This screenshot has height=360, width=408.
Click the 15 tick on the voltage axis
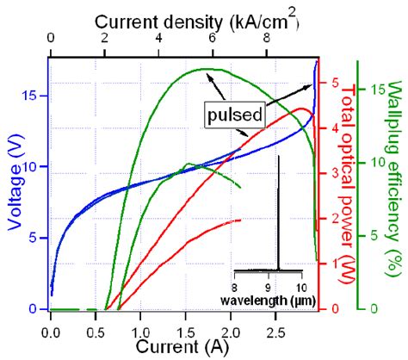[34, 96]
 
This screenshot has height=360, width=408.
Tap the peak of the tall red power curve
[300, 109]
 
